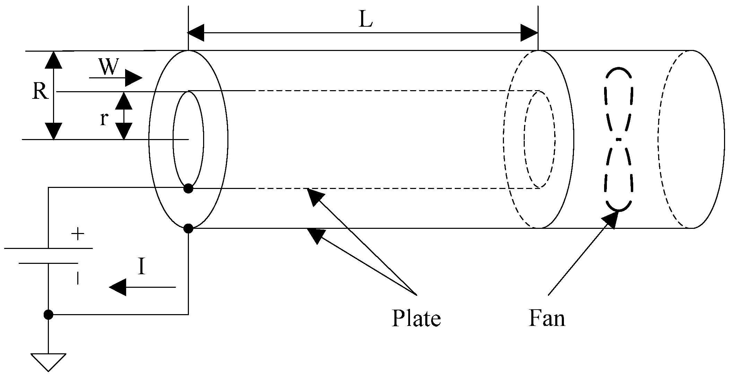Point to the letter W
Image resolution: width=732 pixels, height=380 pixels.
coord(108,67)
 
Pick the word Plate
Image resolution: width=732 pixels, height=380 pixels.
coord(416,318)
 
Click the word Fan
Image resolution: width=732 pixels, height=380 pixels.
coord(547,318)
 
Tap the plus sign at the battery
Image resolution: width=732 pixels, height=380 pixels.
coord(78,235)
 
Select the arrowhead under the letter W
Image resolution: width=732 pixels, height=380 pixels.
coord(133,78)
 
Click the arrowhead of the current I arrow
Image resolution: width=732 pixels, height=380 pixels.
coord(117,287)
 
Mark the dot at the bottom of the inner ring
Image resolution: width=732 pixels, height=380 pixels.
coord(188,188)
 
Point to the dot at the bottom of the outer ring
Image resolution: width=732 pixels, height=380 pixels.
coord(188,228)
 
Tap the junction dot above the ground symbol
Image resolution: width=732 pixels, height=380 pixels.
coord(48,315)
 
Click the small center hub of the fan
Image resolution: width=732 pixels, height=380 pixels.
coord(619,139)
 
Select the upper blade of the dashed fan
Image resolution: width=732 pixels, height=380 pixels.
coord(619,101)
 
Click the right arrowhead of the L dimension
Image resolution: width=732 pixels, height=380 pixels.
coord(529,33)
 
